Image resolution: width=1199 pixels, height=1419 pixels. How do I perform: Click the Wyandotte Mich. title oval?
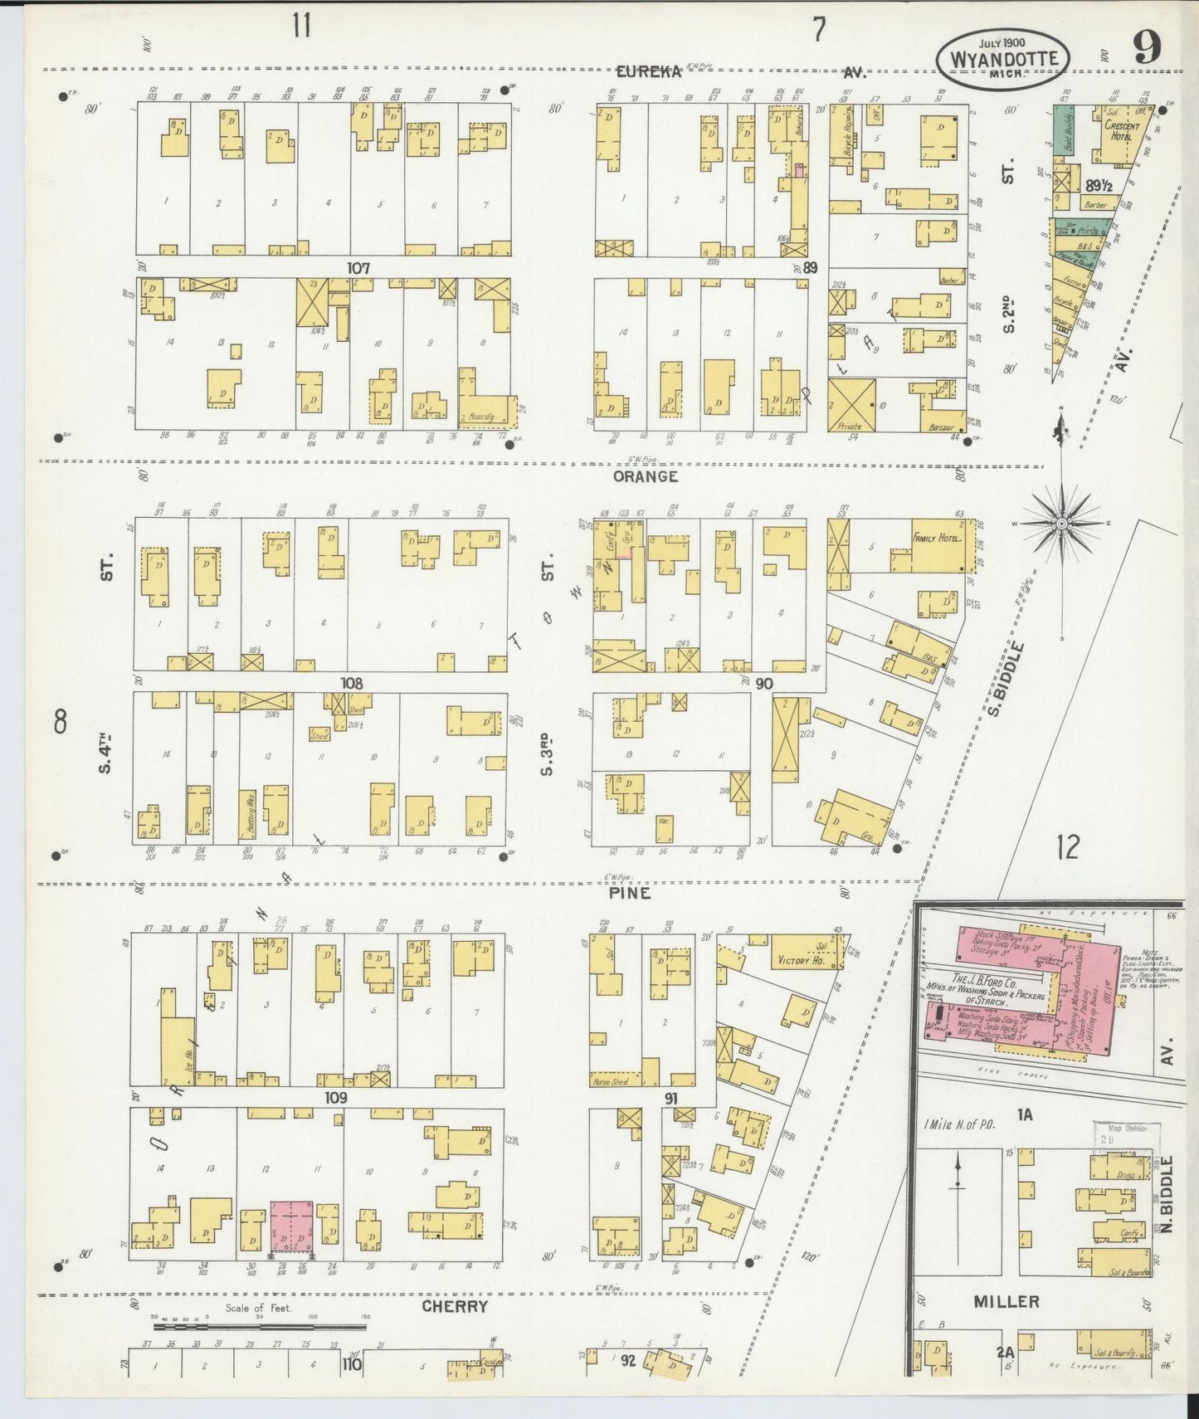pyautogui.click(x=1003, y=59)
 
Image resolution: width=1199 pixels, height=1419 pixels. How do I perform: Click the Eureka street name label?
pyautogui.click(x=648, y=72)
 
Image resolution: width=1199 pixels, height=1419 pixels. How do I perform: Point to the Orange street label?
pyautogui.click(x=646, y=476)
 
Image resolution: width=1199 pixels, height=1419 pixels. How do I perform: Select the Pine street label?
pyautogui.click(x=629, y=893)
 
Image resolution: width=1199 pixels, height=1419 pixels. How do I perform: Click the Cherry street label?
pyautogui.click(x=454, y=1306)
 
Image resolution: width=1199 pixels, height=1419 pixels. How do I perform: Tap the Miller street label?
pyautogui.click(x=1006, y=1301)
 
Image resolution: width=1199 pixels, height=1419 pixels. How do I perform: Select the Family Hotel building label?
pyautogui.click(x=936, y=538)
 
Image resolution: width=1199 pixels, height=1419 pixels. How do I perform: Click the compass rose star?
pyautogui.click(x=1061, y=523)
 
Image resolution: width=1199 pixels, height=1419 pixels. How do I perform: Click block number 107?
pyautogui.click(x=358, y=268)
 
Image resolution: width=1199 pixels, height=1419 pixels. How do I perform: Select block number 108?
pyautogui.click(x=352, y=682)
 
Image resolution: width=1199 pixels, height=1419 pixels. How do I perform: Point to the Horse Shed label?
pyautogui.click(x=612, y=1082)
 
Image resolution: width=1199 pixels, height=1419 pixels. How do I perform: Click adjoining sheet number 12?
pyautogui.click(x=1067, y=847)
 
